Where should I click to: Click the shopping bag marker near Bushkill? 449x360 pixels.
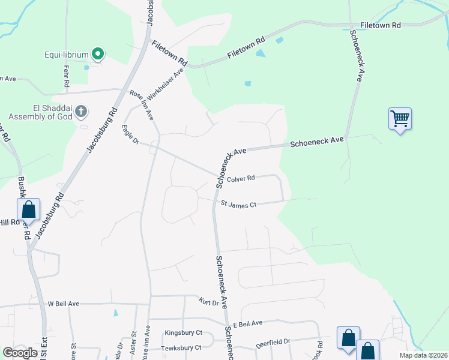[x=28, y=209]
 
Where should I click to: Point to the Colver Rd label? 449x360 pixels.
[x=241, y=178]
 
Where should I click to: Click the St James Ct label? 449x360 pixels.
[x=238, y=205]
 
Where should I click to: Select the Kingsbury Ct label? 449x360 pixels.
[x=183, y=332]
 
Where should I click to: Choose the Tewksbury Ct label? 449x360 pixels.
[x=181, y=348]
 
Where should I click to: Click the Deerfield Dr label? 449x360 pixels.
[x=273, y=343]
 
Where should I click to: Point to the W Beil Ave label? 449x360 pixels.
[x=64, y=304]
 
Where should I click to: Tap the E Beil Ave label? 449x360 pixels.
[x=248, y=324]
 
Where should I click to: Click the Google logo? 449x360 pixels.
[x=20, y=352]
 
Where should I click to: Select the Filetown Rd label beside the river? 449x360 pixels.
[x=380, y=25]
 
